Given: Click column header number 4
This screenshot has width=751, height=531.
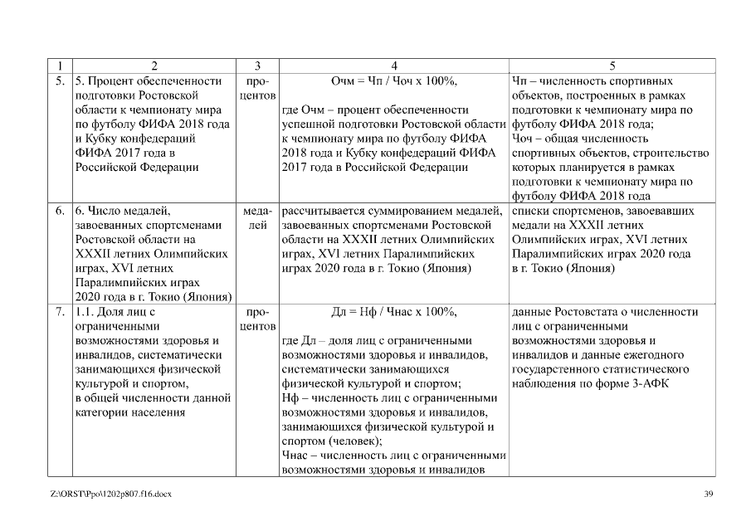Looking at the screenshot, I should (x=393, y=66).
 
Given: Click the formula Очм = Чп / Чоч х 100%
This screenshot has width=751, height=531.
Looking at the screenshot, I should (x=393, y=81).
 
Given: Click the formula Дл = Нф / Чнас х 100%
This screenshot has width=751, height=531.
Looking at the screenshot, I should (x=393, y=312).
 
